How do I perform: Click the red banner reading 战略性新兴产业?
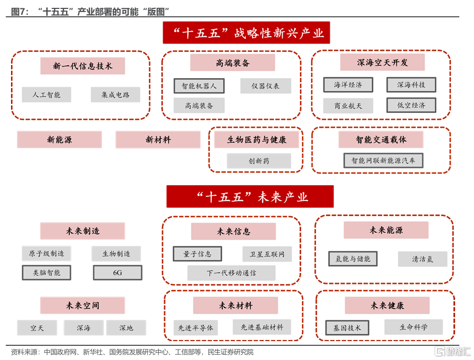[x=246, y=33]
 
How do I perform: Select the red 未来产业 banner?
[x=250, y=197]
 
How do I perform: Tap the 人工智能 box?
[x=47, y=94]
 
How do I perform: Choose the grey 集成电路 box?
[x=115, y=94]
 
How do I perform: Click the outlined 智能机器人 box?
[x=199, y=86]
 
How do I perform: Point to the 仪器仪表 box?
[x=266, y=86]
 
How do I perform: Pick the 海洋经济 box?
[x=348, y=84]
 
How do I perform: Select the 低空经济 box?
[x=411, y=105]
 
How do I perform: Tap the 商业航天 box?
[x=348, y=105]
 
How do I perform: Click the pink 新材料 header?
[x=158, y=140]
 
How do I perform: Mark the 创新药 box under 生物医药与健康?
[x=259, y=161]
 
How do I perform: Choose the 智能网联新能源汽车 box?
[x=383, y=161]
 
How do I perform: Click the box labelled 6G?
[x=117, y=272]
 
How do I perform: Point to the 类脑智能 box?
[x=47, y=272]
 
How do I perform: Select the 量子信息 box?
[x=197, y=254]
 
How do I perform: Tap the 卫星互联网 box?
[x=267, y=254]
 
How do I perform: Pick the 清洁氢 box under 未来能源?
[x=423, y=259]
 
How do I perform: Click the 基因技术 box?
[x=347, y=327]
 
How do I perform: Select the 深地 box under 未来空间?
[x=126, y=327]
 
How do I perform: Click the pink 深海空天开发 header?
[x=382, y=62]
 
